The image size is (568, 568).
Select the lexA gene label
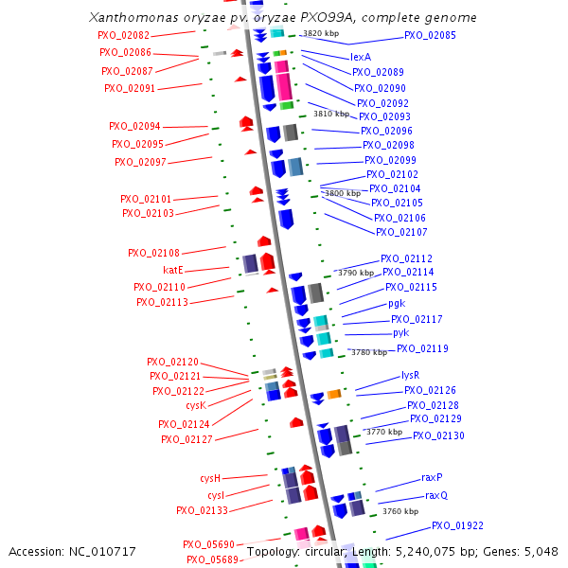(x=361, y=57)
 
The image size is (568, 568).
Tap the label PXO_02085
(x=430, y=35)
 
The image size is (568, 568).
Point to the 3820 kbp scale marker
(x=320, y=33)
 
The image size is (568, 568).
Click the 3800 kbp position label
(x=342, y=193)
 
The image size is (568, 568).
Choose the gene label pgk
(x=396, y=304)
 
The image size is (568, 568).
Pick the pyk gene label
(x=400, y=333)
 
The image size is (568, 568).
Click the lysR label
(x=410, y=375)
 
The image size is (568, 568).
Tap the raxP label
(x=432, y=478)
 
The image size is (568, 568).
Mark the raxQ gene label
(x=435, y=495)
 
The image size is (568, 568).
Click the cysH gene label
(x=209, y=478)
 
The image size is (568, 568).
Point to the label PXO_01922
(x=457, y=525)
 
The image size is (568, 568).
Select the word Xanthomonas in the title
(x=132, y=18)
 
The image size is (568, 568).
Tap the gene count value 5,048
(x=542, y=551)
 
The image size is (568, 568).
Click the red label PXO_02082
(x=123, y=35)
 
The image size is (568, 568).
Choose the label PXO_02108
(x=153, y=253)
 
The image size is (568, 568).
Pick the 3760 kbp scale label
(x=399, y=511)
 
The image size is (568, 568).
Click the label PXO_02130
(x=438, y=435)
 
